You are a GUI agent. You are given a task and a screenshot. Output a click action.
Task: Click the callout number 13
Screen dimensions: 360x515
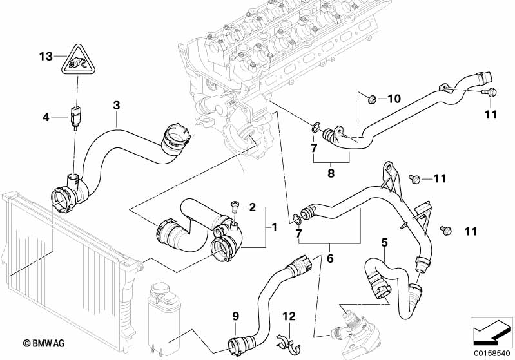click(x=45, y=57)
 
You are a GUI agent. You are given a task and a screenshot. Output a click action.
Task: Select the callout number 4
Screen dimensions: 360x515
click(x=45, y=117)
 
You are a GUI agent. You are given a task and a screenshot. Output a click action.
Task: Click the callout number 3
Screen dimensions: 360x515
click(x=116, y=105)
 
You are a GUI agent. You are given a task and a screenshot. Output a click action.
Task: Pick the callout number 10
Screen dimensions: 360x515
click(x=393, y=99)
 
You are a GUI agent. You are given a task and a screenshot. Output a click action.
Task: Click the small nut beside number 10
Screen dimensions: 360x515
click(x=372, y=99)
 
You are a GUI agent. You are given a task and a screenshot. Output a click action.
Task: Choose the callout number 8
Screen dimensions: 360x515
click(x=331, y=172)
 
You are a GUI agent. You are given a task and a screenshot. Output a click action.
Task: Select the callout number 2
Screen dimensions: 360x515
click(x=252, y=207)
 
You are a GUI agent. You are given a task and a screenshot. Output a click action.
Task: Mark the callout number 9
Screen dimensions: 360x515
click(x=235, y=316)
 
